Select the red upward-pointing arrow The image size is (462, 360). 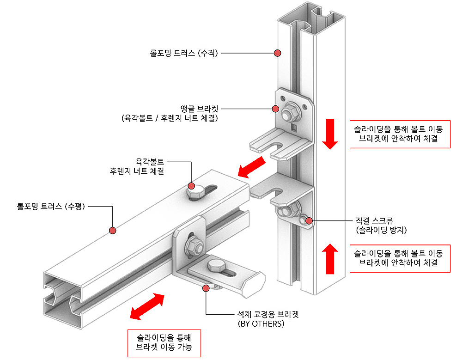331,259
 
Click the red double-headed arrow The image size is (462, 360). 147,306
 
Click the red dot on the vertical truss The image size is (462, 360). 277,53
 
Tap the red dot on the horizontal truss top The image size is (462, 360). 112,230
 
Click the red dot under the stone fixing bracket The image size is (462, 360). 205,288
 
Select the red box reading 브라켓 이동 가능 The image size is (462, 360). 164,342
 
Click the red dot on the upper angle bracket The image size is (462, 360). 276,109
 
